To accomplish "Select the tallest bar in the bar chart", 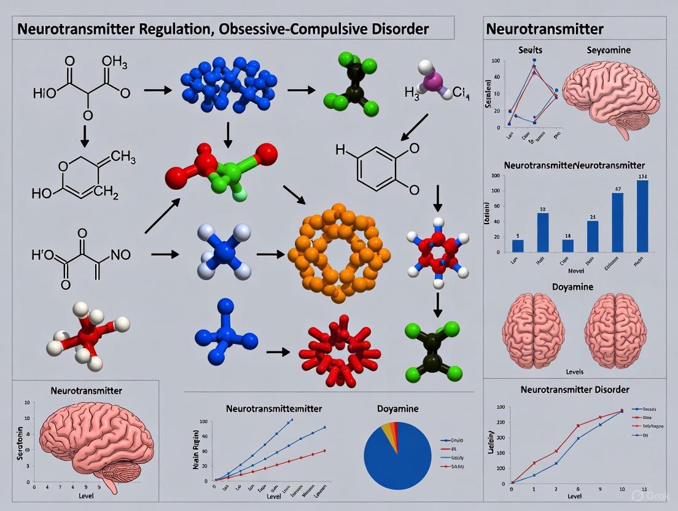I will coord(642,216).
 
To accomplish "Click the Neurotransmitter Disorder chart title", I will coord(574,389).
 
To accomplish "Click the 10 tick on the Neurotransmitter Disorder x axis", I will coord(622,489).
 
